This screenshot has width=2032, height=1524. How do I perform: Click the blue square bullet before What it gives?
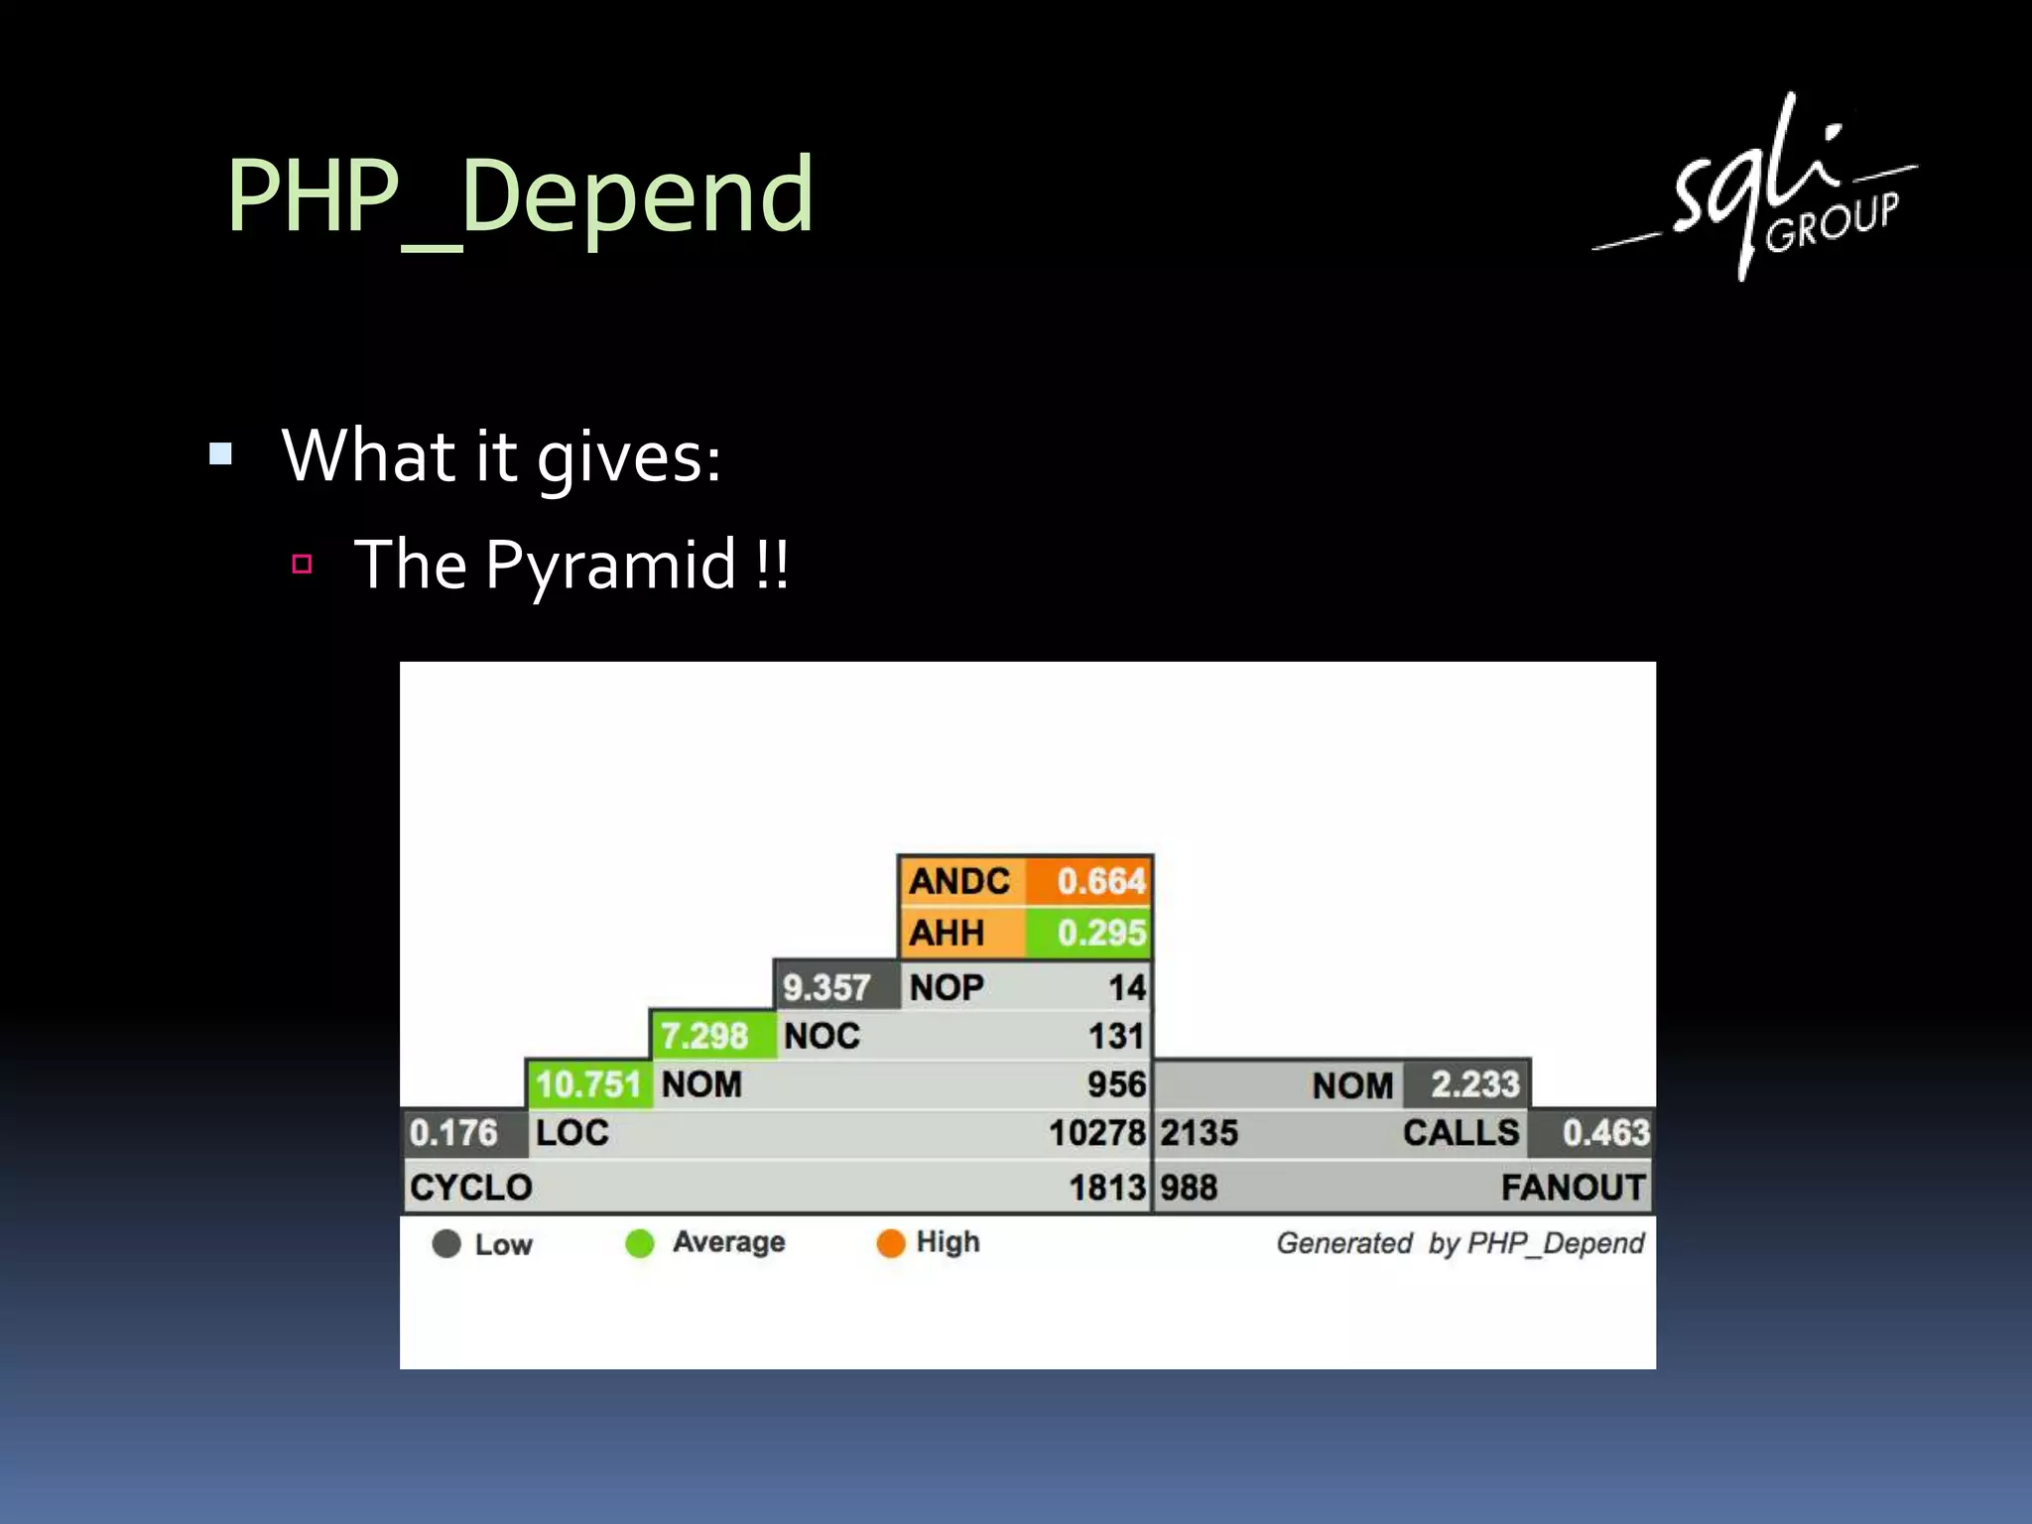click(x=220, y=455)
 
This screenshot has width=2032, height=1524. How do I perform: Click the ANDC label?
click(x=958, y=881)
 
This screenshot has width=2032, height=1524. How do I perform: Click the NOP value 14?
click(x=1126, y=987)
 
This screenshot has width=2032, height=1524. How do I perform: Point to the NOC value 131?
click(x=1115, y=1036)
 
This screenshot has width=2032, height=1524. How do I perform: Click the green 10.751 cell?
click(x=587, y=1084)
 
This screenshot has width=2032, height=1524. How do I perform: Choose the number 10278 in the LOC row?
click(x=1096, y=1133)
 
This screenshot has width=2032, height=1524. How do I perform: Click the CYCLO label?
click(x=471, y=1188)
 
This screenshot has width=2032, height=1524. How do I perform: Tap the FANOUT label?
click(x=1572, y=1188)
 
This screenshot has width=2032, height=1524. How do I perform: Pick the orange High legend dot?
click(x=890, y=1243)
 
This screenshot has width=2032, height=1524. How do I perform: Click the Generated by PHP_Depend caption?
click(x=1459, y=1243)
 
